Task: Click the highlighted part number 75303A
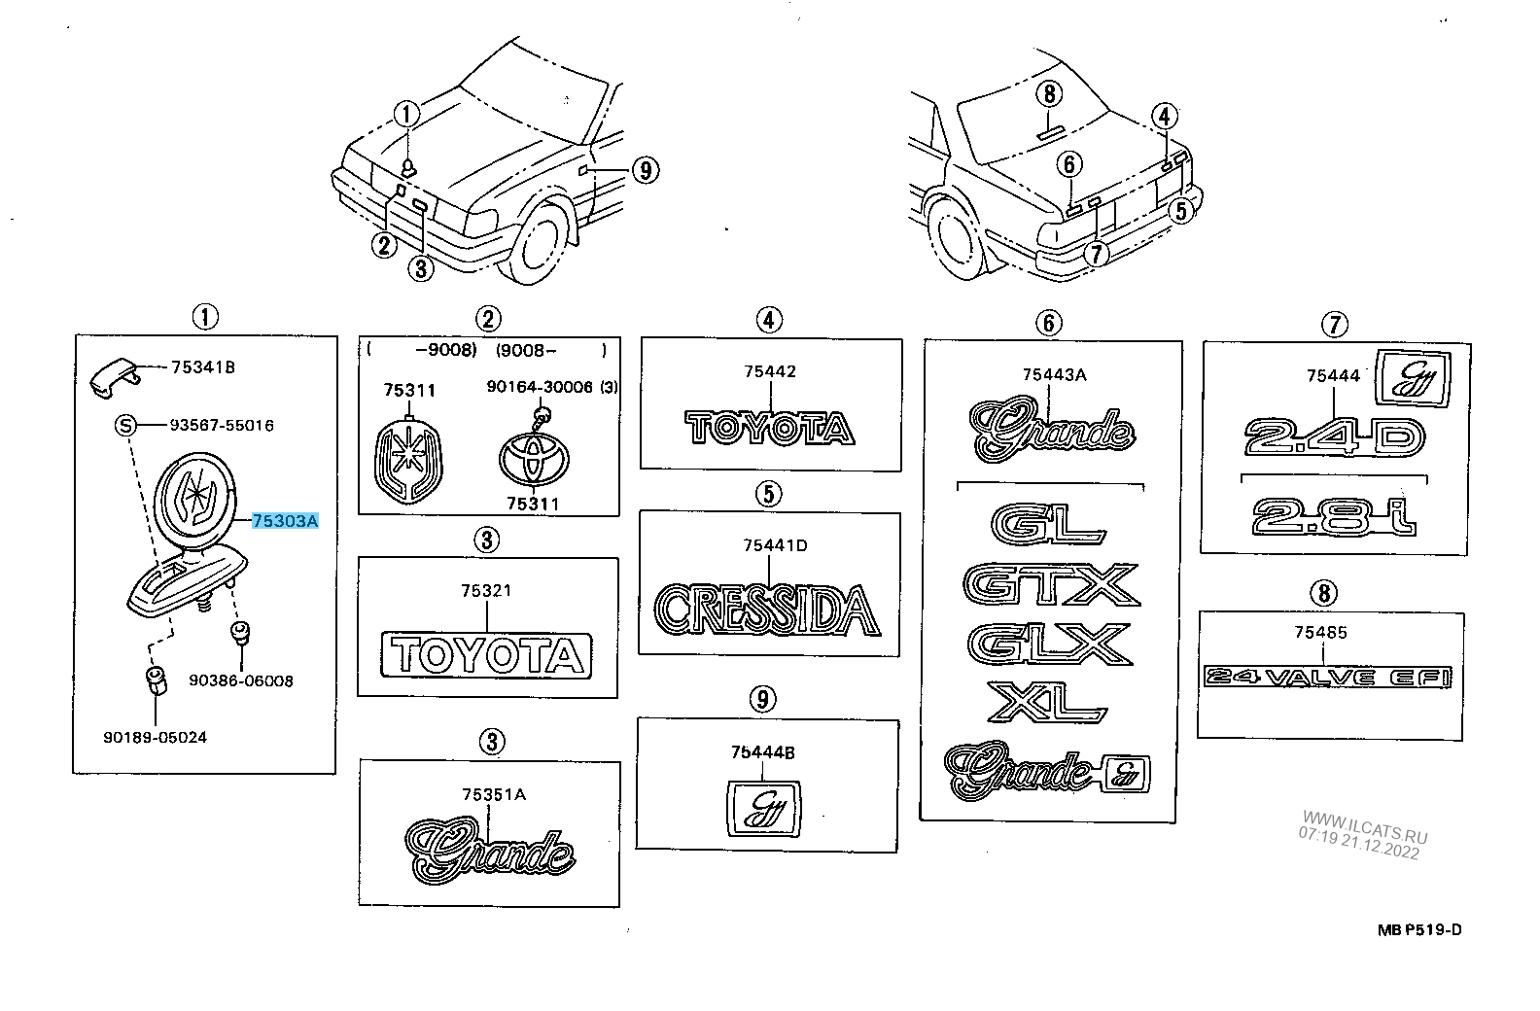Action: [x=285, y=522]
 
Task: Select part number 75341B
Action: [x=202, y=367]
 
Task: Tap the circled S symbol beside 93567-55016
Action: [x=124, y=425]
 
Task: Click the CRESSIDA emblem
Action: [x=767, y=609]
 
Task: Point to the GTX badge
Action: [x=1050, y=584]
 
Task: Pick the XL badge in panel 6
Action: [x=1047, y=701]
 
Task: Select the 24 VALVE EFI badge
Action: [x=1327, y=677]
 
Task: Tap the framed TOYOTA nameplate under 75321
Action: [x=486, y=654]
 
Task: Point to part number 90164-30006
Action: [x=540, y=387]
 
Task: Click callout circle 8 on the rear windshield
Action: [x=1049, y=93]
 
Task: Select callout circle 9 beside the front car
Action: [x=644, y=171]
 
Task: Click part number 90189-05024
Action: [x=155, y=737]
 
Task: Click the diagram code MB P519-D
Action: [x=1418, y=929]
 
